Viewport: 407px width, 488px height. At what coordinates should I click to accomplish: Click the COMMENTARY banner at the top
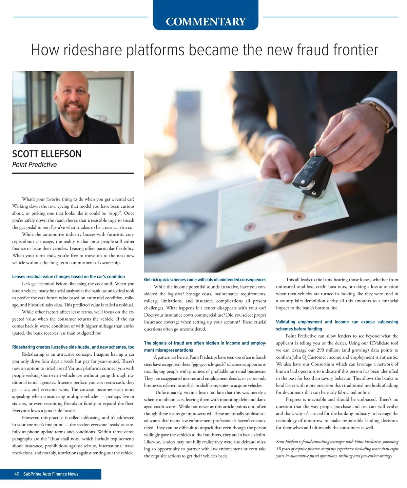tap(206, 21)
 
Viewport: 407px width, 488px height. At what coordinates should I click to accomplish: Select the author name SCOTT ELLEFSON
tap(47, 154)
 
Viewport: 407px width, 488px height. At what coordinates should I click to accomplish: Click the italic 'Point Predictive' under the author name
tap(34, 165)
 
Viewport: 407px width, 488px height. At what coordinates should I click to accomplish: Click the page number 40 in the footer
tap(17, 474)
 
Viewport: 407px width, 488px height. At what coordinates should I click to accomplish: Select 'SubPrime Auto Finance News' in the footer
tap(51, 474)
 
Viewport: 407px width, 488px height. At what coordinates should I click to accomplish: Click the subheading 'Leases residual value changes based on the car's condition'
tap(69, 277)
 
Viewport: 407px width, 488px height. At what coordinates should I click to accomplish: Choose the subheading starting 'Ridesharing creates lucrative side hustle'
tap(73, 347)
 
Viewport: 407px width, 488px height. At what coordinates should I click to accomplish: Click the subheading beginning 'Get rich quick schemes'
tap(205, 280)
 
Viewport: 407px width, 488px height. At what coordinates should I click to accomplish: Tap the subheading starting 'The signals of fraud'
tap(205, 346)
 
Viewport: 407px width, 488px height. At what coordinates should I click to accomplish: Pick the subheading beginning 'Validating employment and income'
tap(337, 325)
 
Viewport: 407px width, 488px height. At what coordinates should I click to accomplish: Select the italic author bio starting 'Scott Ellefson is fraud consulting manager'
tap(337, 449)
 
